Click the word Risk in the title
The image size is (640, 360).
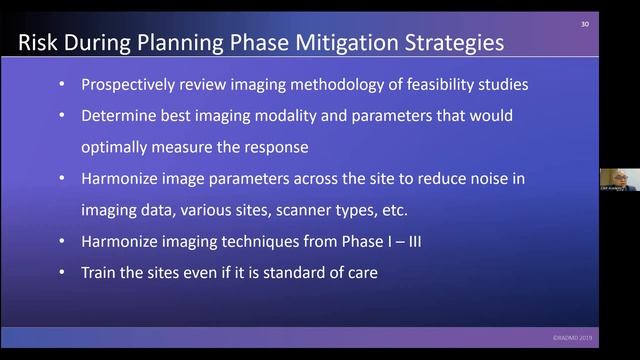coord(40,43)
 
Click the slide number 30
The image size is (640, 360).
coord(584,25)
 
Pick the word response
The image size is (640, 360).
coord(281,147)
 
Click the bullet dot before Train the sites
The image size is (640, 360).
coord(62,272)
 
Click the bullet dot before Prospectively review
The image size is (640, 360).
coord(62,86)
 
